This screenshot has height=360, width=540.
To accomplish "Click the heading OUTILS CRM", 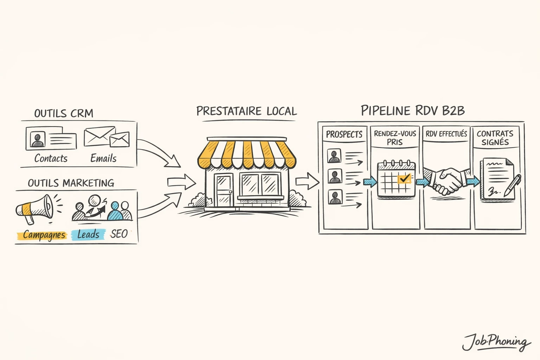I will (64, 113).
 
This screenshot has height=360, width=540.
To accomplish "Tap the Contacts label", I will (51, 158).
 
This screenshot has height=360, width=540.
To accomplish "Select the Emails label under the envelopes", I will (103, 158).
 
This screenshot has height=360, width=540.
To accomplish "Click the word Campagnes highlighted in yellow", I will (44, 235).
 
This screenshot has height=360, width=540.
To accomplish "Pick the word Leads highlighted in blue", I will (88, 234).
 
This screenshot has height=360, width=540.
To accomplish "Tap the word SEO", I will (119, 234).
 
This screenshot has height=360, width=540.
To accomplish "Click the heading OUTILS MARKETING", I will (71, 183).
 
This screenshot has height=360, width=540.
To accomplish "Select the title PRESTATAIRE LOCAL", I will (246, 111).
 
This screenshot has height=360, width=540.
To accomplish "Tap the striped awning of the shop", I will (247, 154).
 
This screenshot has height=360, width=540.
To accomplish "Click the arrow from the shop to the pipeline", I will (307, 181).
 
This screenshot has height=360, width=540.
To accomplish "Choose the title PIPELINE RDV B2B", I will (413, 110).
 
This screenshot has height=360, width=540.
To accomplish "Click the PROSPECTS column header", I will (344, 134).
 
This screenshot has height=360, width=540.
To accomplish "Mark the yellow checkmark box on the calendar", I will (404, 179).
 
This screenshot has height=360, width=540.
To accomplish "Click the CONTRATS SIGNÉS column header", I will (495, 138).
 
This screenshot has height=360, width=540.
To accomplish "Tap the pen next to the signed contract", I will (512, 186).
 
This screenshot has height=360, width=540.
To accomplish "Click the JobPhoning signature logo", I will (496, 341).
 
